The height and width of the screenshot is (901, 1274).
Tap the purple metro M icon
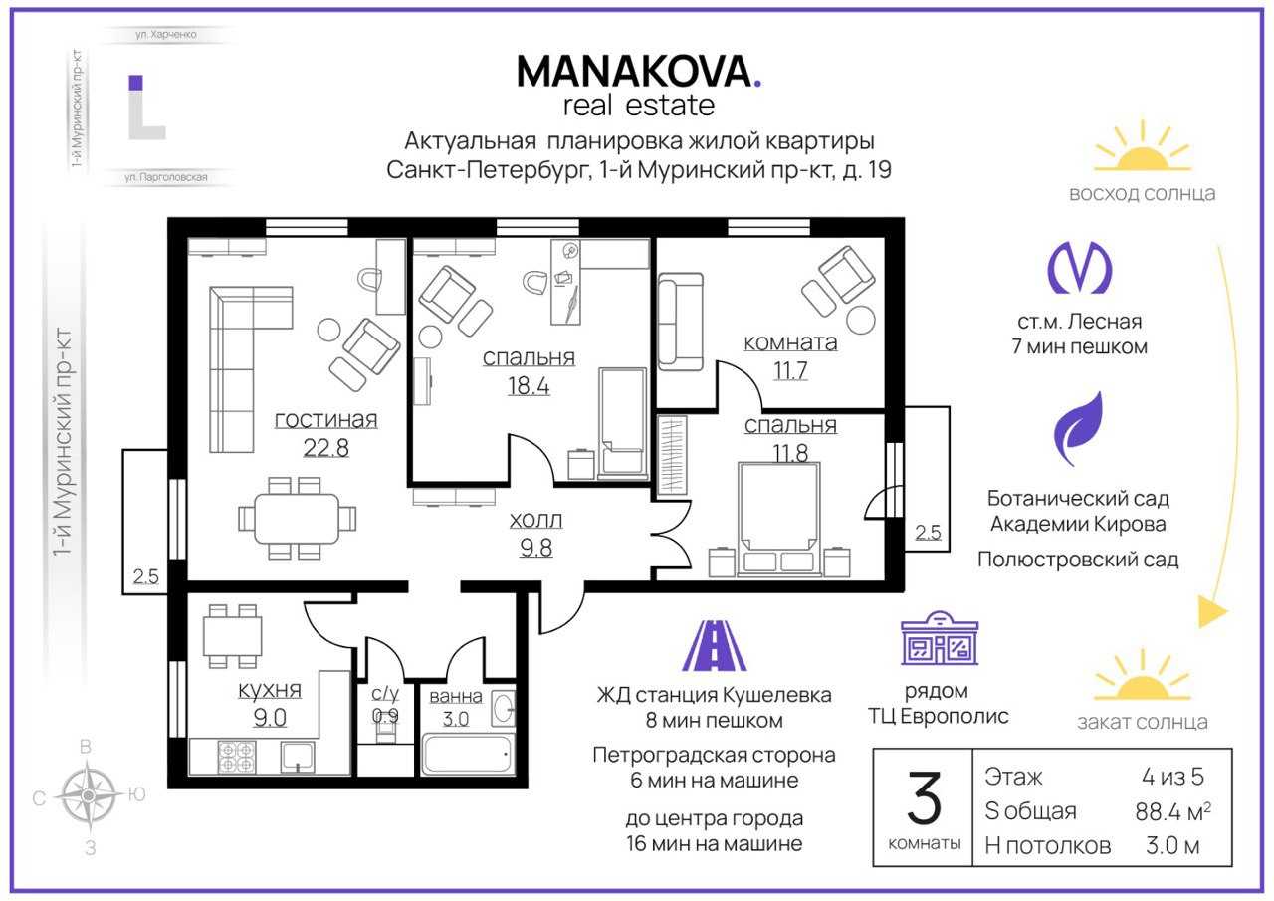[x=1079, y=268]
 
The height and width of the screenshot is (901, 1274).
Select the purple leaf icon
[x=1078, y=428]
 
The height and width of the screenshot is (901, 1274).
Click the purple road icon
[x=714, y=645]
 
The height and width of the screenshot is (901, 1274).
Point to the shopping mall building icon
[x=940, y=638]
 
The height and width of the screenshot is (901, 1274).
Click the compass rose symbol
[x=89, y=794]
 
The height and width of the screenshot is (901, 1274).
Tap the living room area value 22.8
[x=325, y=448]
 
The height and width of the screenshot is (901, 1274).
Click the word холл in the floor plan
[x=535, y=520]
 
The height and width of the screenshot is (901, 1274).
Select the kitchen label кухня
[x=270, y=690]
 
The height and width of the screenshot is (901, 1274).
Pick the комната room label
[x=790, y=342]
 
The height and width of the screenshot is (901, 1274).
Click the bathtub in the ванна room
[x=468, y=754]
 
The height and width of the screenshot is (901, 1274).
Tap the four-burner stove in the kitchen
[x=237, y=757]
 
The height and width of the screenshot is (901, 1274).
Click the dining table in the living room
[x=297, y=518]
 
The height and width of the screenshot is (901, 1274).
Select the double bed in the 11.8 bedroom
[x=779, y=519]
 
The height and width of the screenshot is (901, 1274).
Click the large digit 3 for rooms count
[x=924, y=798]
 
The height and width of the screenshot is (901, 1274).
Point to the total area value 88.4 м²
[x=1172, y=811]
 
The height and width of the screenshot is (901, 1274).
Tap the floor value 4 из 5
[x=1172, y=777]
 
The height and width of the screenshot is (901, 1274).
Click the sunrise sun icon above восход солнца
[x=1142, y=149]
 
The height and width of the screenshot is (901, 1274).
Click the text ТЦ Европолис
[x=939, y=716]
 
